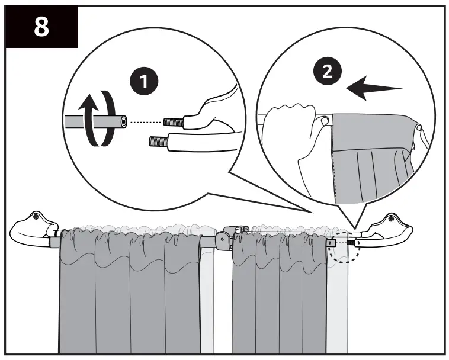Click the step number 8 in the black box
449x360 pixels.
(41, 27)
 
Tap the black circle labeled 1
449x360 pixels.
(144, 81)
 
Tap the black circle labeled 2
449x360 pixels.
(328, 72)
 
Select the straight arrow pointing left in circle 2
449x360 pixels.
(374, 88)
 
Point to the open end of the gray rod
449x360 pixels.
(124, 122)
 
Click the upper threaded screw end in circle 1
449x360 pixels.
(173, 122)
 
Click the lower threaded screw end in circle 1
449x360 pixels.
(159, 141)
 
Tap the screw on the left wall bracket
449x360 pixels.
(35, 217)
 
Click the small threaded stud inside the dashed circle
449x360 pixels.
(351, 243)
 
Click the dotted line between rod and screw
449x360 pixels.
(146, 122)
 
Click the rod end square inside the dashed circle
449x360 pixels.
(332, 243)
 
